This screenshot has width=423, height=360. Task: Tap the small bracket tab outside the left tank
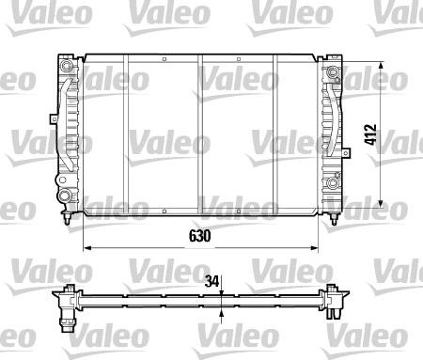coord(49,119)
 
